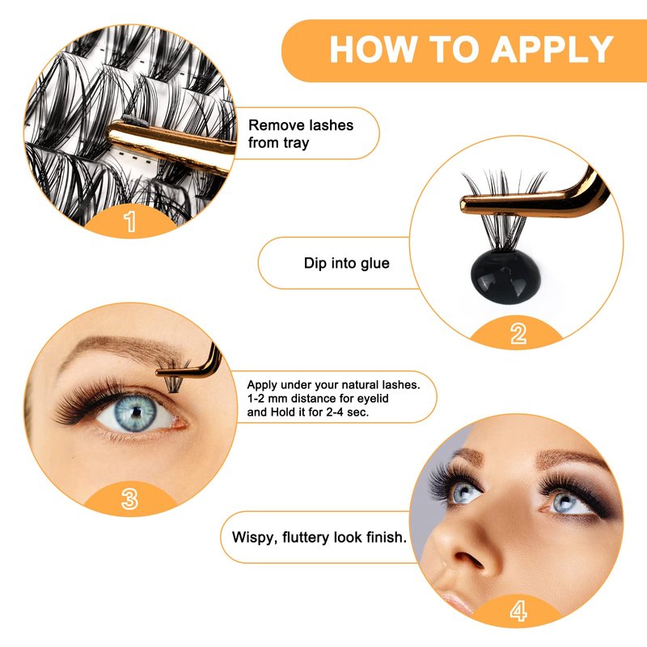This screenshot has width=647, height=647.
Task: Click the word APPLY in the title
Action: click(552, 49)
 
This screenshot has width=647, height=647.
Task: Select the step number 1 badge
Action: click(130, 221)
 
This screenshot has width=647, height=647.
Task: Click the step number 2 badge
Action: click(518, 333)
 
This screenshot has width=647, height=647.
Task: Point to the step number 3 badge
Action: click(129, 498)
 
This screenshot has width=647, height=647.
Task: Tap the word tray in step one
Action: click(296, 144)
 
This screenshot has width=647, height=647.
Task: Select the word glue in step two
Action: click(374, 264)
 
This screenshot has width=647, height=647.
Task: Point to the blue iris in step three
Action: click(135, 412)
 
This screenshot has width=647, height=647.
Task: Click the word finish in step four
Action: click(387, 537)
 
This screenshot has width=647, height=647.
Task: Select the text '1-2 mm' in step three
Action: click(267, 399)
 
